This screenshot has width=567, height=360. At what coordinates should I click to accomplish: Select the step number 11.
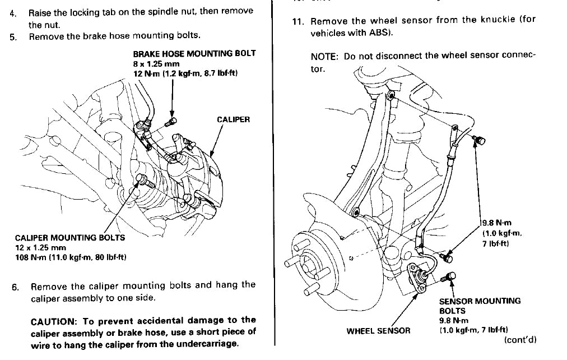(x=298, y=21)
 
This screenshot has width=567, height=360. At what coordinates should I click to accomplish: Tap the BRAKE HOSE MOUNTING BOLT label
(x=194, y=54)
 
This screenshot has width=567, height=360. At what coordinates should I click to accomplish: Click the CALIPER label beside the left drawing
(x=233, y=119)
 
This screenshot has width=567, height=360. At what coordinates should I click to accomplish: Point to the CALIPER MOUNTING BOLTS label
(x=70, y=238)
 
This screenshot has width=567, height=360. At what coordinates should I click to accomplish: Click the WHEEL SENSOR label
(x=378, y=331)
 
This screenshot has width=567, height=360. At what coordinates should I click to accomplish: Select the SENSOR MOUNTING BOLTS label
(x=480, y=306)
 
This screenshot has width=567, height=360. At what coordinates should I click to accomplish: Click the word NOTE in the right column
(x=324, y=57)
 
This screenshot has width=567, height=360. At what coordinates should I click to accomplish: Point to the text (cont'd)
(x=520, y=340)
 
